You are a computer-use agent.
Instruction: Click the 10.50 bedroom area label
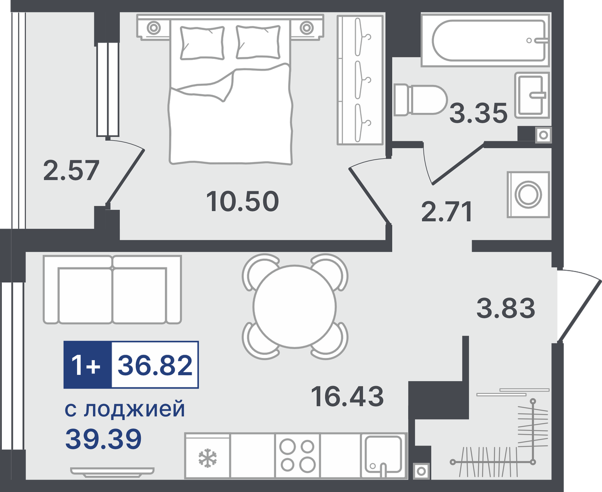242,202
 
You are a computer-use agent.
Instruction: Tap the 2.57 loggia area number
71,171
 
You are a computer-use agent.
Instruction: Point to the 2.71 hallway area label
447,212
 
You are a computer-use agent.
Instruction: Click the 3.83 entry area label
505,308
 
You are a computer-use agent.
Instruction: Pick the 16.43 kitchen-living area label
347,396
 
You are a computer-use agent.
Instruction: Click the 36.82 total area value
155,365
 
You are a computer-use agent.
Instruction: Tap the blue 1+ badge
87,365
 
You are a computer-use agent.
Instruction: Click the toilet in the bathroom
420,100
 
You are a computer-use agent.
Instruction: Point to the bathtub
485,40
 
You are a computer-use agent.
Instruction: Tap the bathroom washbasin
532,95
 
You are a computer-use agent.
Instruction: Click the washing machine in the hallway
528,194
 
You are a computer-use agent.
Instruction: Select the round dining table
294,307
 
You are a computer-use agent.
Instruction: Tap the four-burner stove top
297,456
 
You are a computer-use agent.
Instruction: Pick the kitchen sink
383,456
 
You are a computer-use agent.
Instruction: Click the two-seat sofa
112,290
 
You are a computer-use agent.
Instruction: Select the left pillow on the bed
202,43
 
